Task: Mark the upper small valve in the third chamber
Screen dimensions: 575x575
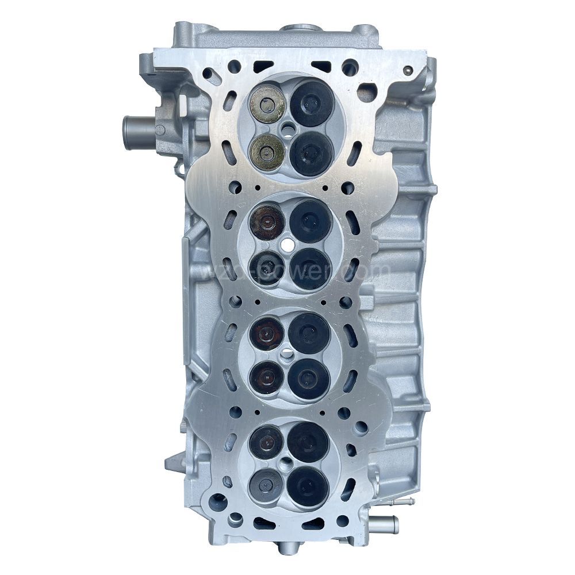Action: [267, 333]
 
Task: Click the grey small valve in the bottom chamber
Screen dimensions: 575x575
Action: [266, 484]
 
